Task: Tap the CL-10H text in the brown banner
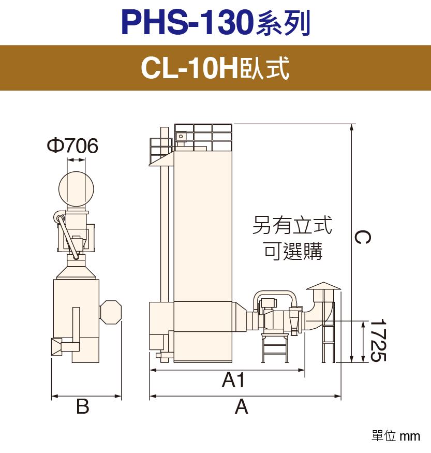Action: pyautogui.click(x=189, y=68)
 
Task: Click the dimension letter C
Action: pyautogui.click(x=362, y=237)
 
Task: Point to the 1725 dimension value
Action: pyautogui.click(x=378, y=340)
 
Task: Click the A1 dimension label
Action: pyautogui.click(x=233, y=379)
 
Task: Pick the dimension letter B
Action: pyautogui.click(x=83, y=406)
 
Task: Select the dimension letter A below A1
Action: pyautogui.click(x=241, y=407)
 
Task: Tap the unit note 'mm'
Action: pyautogui.click(x=410, y=436)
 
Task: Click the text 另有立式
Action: pyautogui.click(x=292, y=225)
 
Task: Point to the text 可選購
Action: pyautogui.click(x=293, y=251)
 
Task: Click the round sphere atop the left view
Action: pyautogui.click(x=76, y=189)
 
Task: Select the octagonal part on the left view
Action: pyautogui.click(x=111, y=312)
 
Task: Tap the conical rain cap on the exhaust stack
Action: pyautogui.click(x=323, y=286)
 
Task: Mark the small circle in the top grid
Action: pyautogui.click(x=181, y=136)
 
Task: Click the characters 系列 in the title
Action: pyautogui.click(x=283, y=23)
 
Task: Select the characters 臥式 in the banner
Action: pyautogui.click(x=264, y=68)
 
